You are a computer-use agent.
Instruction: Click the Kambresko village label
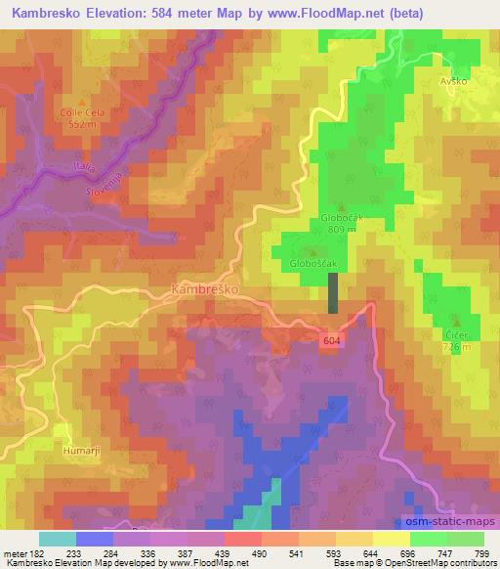(x=203, y=290)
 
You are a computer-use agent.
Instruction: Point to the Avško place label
(x=455, y=81)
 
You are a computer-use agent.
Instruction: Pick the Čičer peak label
(x=457, y=335)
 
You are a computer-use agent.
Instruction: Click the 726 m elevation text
(x=457, y=347)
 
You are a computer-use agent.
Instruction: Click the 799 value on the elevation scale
(x=481, y=552)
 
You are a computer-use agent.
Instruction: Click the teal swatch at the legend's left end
(x=57, y=539)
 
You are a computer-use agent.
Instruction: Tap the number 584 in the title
(x=179, y=12)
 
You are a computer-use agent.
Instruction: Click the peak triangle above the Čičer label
(x=457, y=322)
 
